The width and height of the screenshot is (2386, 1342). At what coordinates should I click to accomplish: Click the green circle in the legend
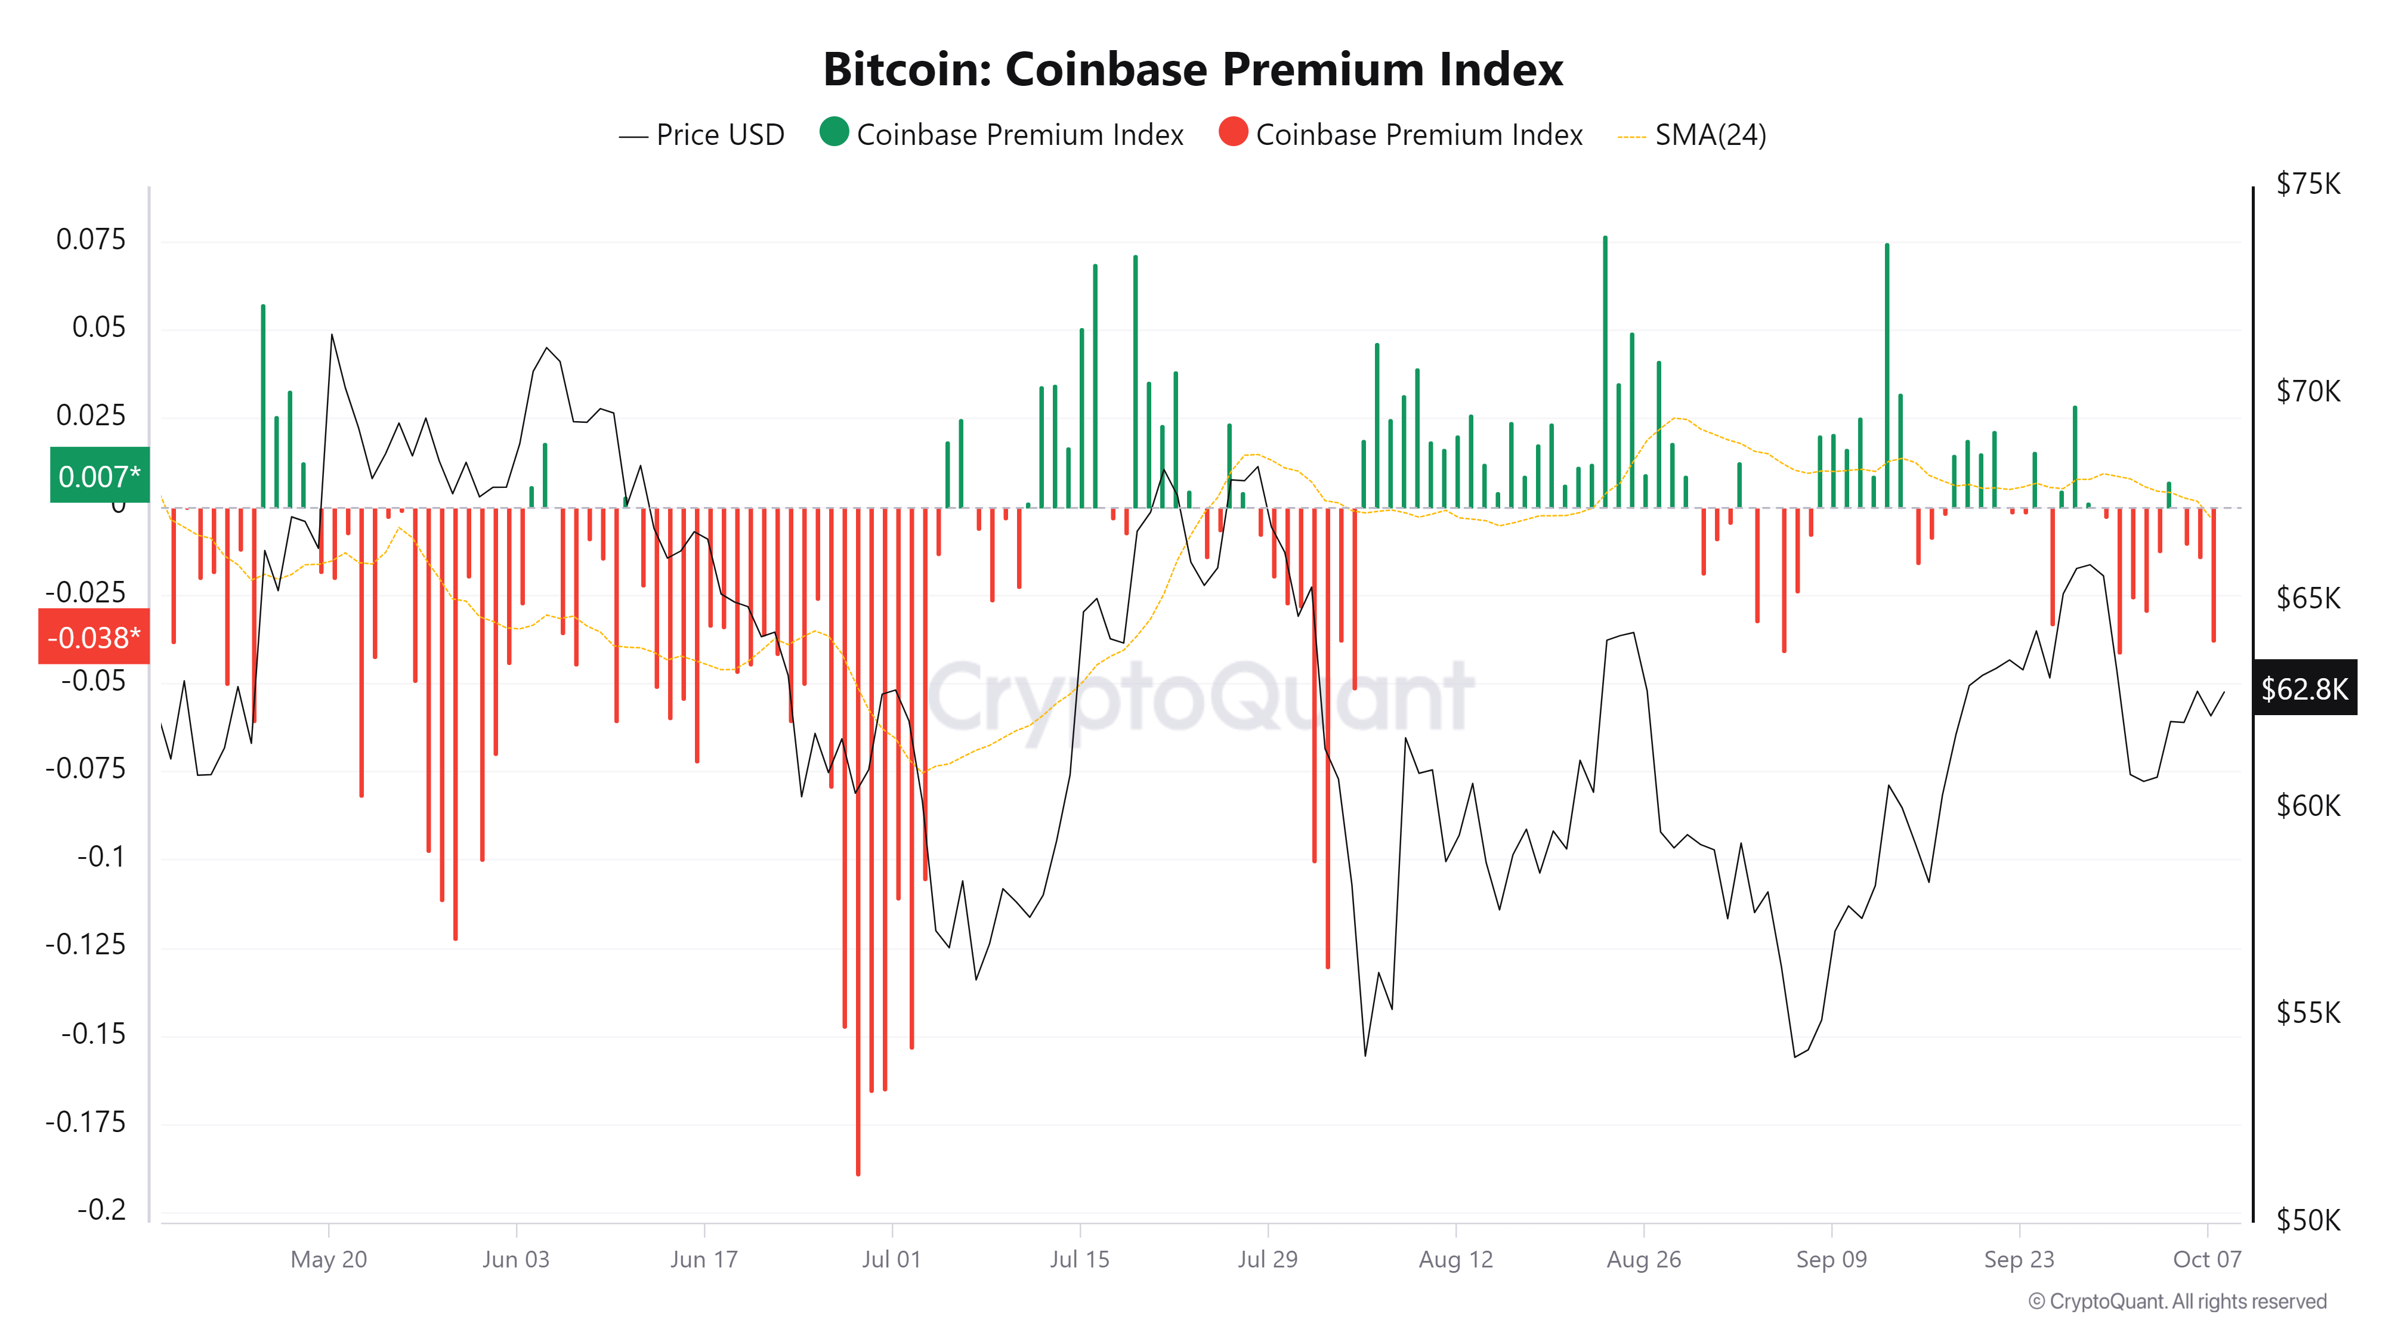(x=834, y=132)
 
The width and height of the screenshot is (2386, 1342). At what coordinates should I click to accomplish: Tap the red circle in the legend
(x=1233, y=132)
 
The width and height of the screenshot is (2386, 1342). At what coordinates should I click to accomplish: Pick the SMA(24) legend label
(x=1710, y=135)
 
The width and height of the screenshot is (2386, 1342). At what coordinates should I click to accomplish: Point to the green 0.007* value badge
(x=99, y=476)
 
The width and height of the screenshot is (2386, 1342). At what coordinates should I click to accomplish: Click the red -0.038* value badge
(x=94, y=637)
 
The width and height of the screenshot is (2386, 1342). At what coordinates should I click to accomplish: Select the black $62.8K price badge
(x=2304, y=688)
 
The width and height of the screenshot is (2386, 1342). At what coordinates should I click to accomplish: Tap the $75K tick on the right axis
(x=2307, y=184)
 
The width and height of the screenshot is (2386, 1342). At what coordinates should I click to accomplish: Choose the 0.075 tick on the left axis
(x=91, y=239)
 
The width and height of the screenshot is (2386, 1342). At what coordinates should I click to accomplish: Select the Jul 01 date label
(x=891, y=1260)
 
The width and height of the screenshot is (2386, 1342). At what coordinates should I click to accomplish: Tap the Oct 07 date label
(x=2206, y=1260)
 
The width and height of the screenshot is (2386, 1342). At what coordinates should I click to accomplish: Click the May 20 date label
(x=329, y=1260)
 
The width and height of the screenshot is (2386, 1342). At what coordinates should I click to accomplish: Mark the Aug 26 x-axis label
(x=1643, y=1260)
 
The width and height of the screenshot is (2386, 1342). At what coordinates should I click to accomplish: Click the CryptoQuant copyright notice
(x=2177, y=1301)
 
